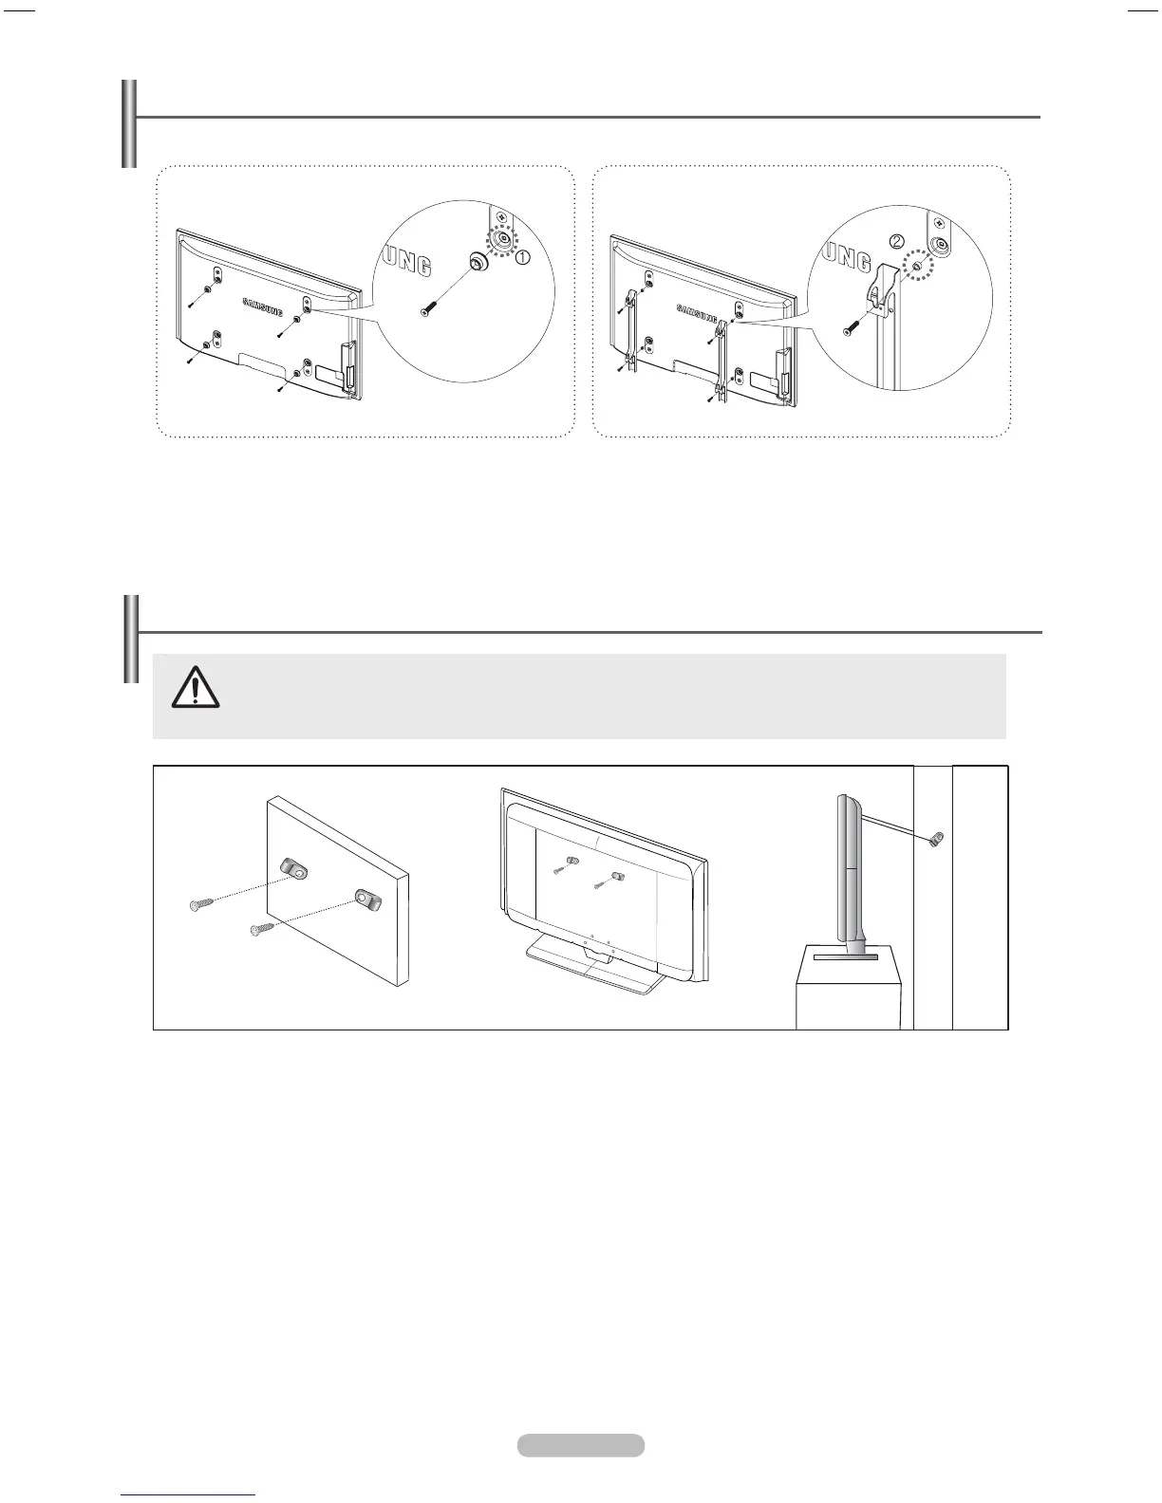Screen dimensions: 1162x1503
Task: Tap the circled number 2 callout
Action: click(896, 242)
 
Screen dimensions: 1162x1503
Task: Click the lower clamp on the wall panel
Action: click(368, 898)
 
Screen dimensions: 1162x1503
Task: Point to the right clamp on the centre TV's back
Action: click(617, 876)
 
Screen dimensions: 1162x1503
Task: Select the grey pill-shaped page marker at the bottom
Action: click(581, 1445)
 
